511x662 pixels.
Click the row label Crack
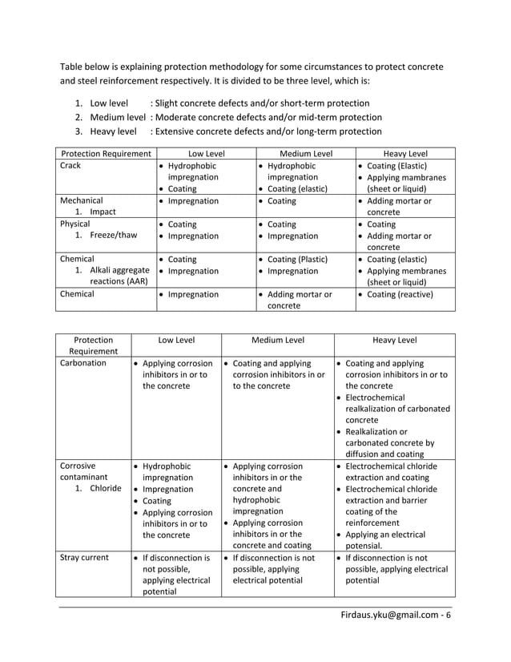71,166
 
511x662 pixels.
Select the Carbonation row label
82,363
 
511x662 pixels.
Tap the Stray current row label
84,558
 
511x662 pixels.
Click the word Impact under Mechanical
103,212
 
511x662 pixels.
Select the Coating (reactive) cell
400,294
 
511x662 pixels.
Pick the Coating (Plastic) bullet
296,260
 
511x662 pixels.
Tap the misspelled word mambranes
425,177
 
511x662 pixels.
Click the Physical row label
77,224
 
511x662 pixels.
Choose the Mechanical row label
82,200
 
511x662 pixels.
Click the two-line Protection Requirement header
93,345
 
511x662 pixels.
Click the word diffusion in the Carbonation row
366,454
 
